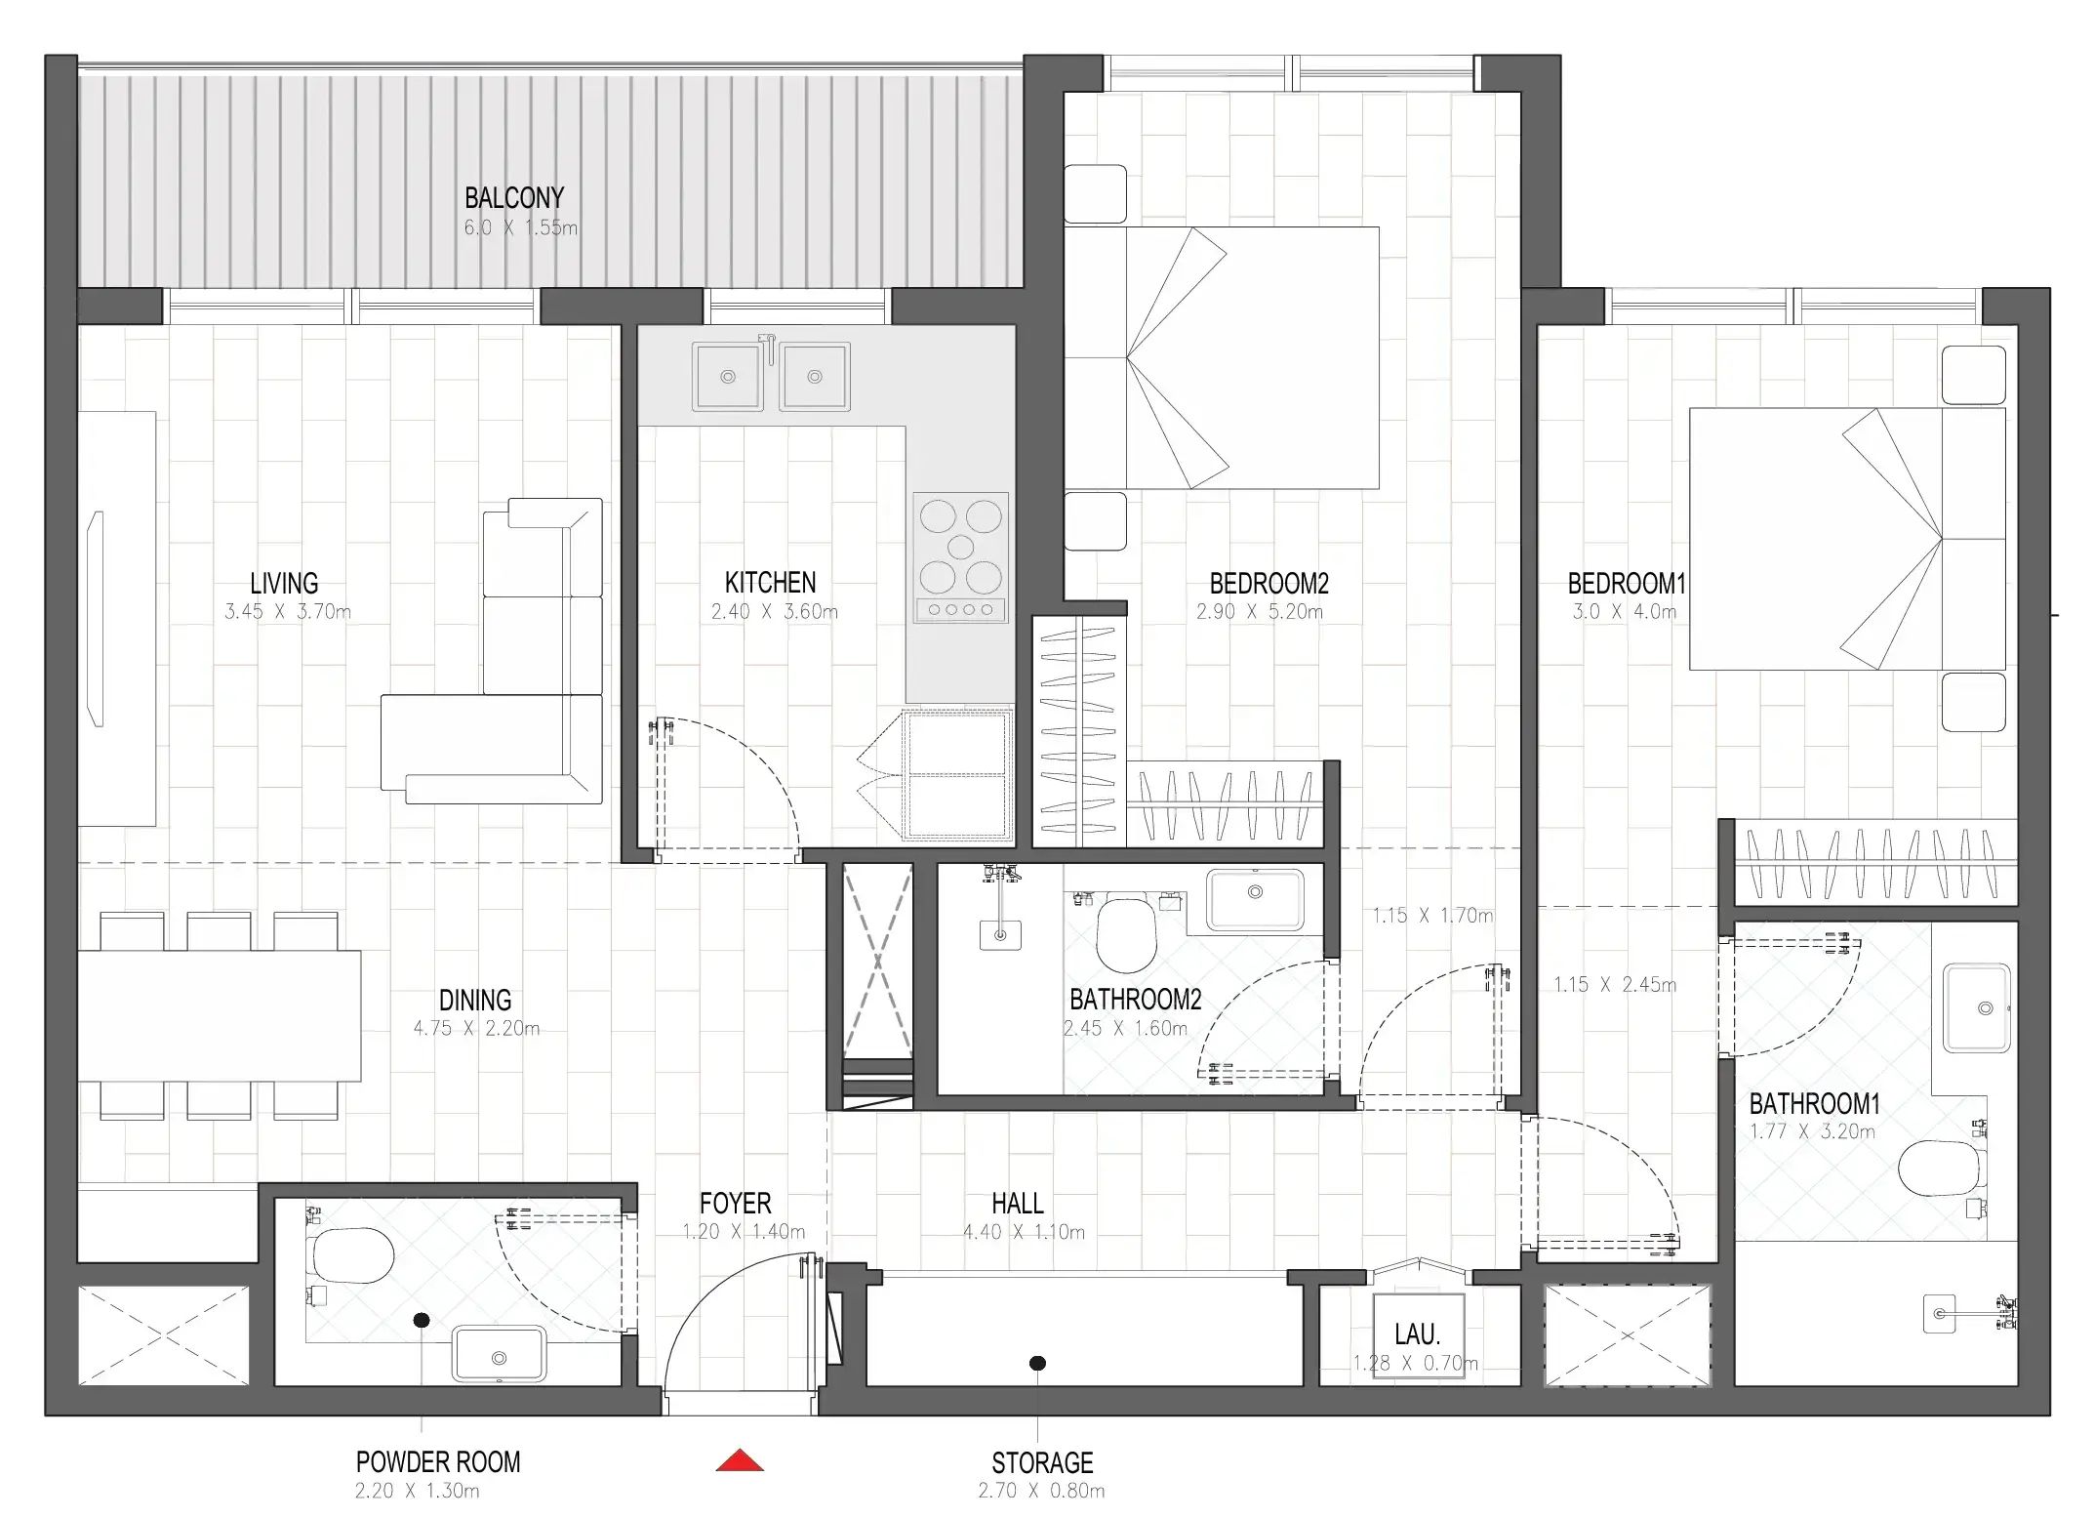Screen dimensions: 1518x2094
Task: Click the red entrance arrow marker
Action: [740, 1460]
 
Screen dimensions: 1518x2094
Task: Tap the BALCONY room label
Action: [514, 198]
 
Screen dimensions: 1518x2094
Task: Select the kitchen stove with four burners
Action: [960, 557]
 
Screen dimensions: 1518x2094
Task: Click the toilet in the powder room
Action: [351, 1255]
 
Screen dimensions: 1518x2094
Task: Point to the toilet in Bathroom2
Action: [1126, 933]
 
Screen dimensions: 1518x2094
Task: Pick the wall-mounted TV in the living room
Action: [96, 619]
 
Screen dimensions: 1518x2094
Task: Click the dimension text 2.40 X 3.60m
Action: [774, 612]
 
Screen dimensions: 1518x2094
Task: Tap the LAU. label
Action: [1417, 1334]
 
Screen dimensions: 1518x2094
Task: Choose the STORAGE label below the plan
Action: [1042, 1463]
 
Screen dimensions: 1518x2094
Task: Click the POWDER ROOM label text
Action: [438, 1462]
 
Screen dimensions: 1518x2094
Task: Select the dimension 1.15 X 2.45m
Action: [1615, 985]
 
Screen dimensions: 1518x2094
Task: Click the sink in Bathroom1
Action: [1977, 1008]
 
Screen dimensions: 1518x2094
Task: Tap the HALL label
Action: [1018, 1204]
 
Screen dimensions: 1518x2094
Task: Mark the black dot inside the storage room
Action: [1038, 1363]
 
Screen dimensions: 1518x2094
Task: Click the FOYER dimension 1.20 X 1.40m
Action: [744, 1232]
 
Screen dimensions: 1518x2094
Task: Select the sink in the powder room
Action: [500, 1353]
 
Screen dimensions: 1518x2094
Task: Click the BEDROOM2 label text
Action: [1268, 584]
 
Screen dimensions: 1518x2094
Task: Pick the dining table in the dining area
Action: [220, 1015]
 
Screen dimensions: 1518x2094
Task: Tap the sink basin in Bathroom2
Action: [1255, 898]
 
